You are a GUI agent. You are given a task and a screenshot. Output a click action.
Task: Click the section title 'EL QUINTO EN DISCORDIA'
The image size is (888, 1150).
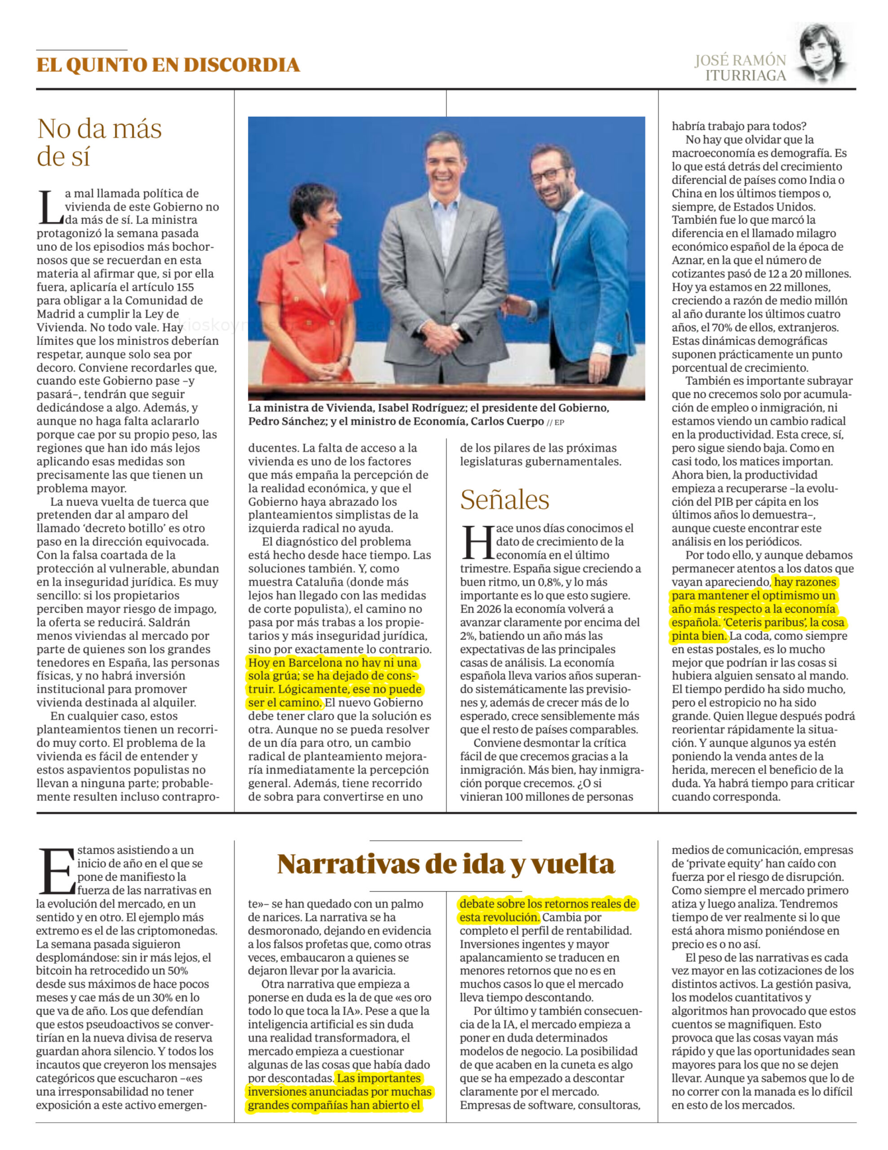point(168,65)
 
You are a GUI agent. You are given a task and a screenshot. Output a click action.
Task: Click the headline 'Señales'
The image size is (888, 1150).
point(504,500)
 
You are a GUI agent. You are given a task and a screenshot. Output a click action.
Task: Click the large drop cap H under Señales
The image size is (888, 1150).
point(477,542)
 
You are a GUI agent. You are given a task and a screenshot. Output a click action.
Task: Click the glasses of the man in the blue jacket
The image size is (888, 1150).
point(548,175)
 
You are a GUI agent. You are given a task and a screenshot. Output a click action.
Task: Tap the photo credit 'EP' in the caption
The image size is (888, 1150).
point(559,422)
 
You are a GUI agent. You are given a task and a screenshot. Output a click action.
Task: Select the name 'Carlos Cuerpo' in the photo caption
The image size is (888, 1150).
point(507,421)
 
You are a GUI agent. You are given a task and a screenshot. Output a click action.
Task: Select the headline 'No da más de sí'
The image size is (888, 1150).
point(99,142)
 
